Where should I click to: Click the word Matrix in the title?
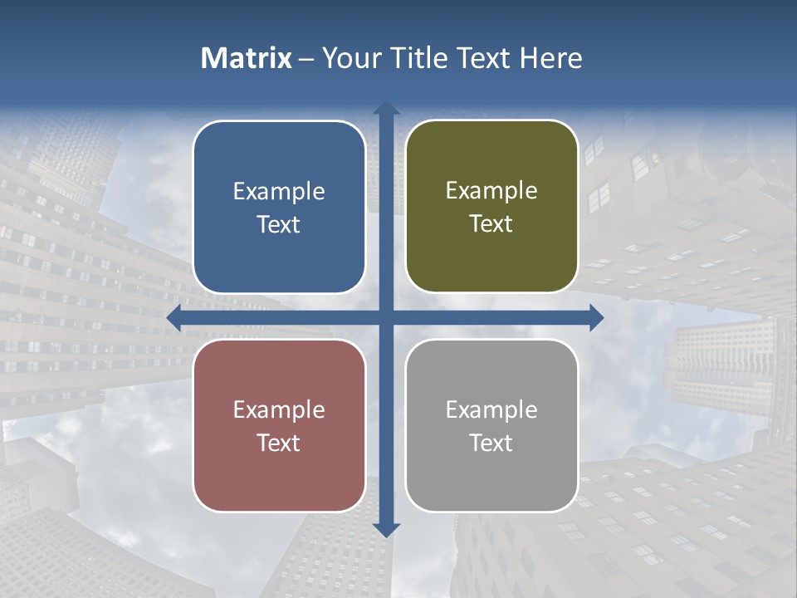pos(247,58)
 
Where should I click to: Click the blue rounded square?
pos(279,207)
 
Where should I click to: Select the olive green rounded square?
pos(491,207)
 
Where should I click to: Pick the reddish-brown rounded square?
pos(279,425)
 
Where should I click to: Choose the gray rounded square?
pos(491,425)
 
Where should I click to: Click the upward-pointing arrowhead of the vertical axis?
pos(386,109)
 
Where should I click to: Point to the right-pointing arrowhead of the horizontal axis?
pos(595,318)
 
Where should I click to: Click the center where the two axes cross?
pos(386,318)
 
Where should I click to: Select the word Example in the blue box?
pos(279,192)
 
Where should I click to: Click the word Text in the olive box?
pos(491,224)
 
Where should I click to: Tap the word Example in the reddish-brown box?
pos(279,410)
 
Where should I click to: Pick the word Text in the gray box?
pos(491,443)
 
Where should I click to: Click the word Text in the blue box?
pos(279,225)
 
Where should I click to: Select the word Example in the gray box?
pos(491,410)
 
